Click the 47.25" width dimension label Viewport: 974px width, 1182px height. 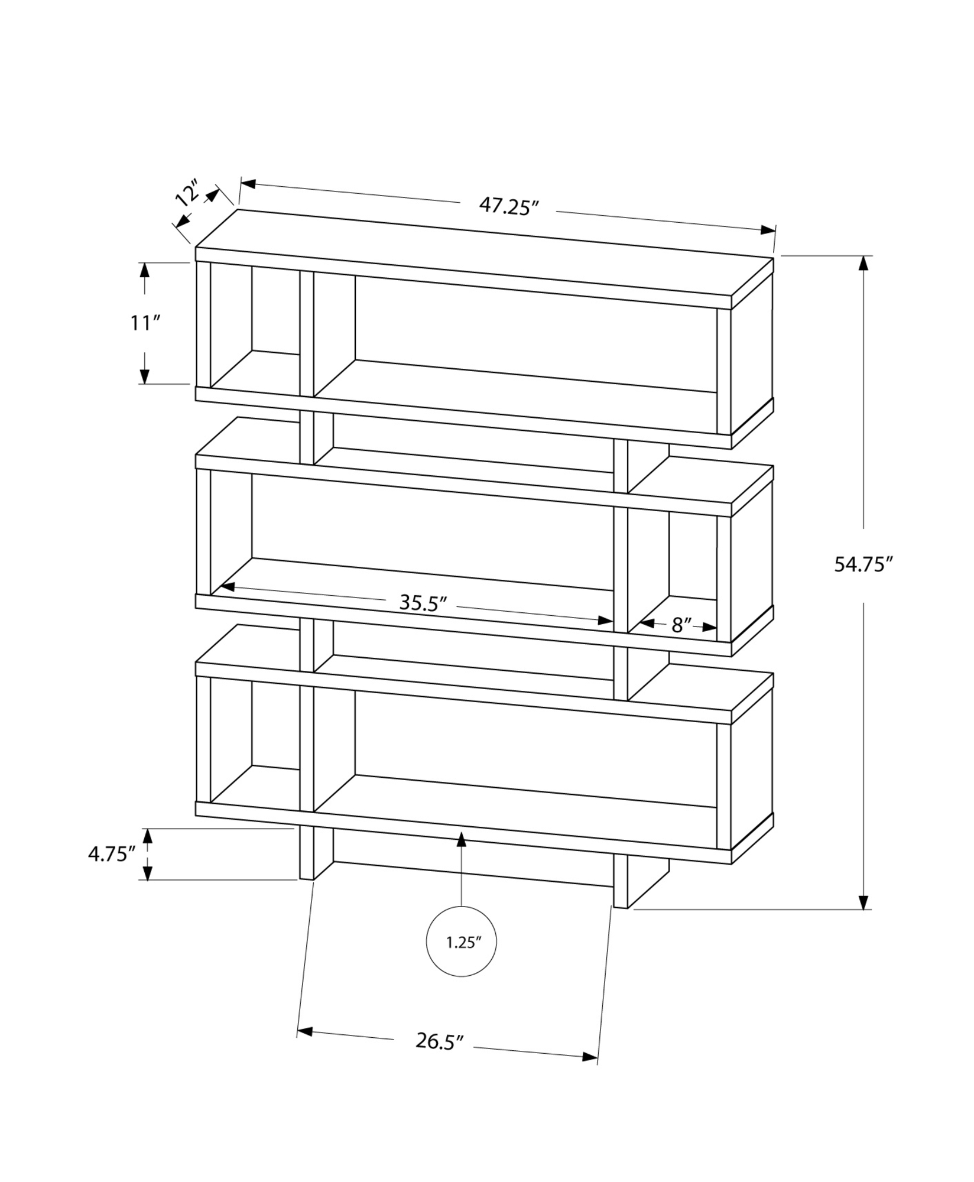508,206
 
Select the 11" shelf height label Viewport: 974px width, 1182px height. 145,323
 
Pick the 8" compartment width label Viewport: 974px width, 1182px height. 681,625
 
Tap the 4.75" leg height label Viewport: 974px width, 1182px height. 112,854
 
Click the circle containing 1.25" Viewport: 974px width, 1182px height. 461,942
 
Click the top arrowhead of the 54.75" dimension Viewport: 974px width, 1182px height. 865,263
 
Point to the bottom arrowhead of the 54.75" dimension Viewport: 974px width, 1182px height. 865,918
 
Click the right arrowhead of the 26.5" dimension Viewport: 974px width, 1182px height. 590,1057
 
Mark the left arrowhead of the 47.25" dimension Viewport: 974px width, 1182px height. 248,183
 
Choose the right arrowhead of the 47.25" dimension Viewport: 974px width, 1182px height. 768,230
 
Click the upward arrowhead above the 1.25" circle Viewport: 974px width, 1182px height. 461,837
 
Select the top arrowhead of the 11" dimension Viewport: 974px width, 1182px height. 144,269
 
